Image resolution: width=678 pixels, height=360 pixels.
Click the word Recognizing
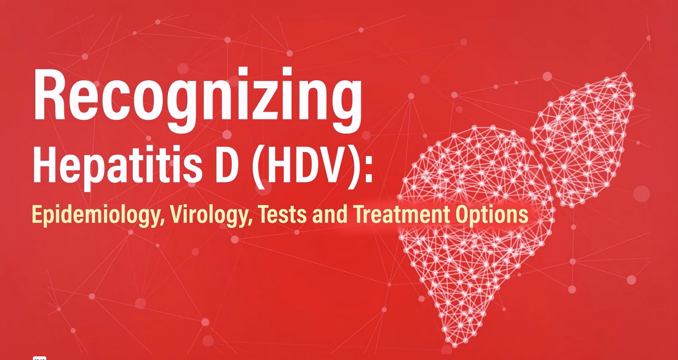[x=198, y=100]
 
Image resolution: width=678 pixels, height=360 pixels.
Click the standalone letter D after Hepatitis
[x=227, y=165]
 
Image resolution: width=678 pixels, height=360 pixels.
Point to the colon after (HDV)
[x=368, y=171]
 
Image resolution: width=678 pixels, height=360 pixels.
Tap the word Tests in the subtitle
[x=282, y=215]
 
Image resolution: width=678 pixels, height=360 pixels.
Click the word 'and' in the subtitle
[x=330, y=215]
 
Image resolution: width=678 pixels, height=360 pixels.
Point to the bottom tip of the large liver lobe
[x=454, y=345]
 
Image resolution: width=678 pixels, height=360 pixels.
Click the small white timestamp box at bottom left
[x=39, y=358]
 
